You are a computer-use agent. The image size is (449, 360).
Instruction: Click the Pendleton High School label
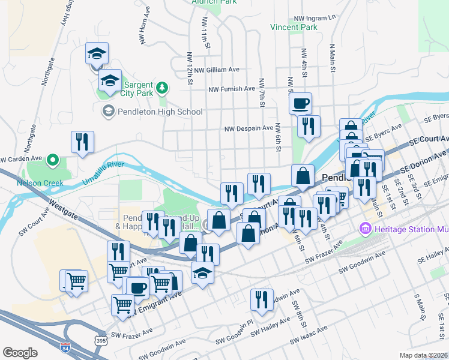tap(160, 112)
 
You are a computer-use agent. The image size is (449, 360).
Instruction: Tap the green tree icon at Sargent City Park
tap(161, 89)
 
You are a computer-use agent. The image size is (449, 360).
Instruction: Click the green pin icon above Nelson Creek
tap(52, 160)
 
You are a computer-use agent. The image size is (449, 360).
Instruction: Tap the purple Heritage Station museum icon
tap(364, 228)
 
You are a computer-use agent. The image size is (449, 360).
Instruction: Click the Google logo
tap(20, 352)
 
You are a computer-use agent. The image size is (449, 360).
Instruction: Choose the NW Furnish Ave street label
tap(232, 89)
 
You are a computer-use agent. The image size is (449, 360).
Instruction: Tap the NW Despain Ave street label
tap(249, 128)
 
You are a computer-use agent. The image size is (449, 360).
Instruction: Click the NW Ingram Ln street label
tap(313, 19)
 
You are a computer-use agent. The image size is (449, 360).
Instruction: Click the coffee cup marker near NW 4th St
tap(300, 103)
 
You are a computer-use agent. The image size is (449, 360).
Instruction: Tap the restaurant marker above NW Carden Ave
tap(82, 142)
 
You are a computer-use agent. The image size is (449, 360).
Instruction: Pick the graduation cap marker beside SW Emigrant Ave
tap(202, 273)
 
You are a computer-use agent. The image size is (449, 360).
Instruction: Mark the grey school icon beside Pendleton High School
tap(108, 111)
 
